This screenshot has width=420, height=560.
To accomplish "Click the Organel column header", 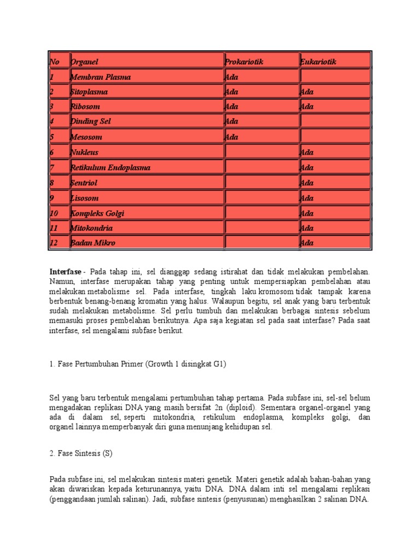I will tap(84, 62).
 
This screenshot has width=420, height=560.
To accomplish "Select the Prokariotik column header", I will tap(244, 62).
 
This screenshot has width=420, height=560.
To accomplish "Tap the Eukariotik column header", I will tap(318, 62).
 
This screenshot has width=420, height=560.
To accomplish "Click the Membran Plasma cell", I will tap(101, 78).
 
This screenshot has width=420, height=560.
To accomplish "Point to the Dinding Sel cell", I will tap(90, 122).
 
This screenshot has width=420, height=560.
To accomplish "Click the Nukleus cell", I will tap(85, 153).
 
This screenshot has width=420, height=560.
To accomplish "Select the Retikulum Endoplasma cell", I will tap(110, 168).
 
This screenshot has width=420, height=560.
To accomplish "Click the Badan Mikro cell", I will tap(93, 243).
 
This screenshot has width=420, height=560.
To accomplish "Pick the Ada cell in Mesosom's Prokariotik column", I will tap(231, 137).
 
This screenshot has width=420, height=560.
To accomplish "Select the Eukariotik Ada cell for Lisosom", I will tap(307, 198).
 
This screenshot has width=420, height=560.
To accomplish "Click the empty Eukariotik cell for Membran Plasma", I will tap(335, 77).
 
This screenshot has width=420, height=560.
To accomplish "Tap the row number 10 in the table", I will tap(54, 213).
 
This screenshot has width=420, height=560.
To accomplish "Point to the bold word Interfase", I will tap(65, 272).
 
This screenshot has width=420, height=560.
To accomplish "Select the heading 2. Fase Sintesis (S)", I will tap(80, 454).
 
